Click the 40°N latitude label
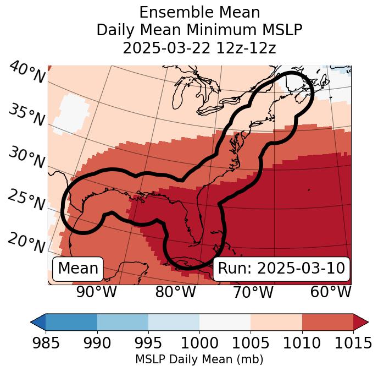[26, 73]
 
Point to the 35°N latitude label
[26, 115]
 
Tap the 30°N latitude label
[26, 159]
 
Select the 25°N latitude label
[26, 200]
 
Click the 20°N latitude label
[26, 243]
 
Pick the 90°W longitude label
[96, 292]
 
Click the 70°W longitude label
[253, 292]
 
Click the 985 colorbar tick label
[46, 343]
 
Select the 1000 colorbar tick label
[199, 343]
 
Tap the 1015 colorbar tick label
[353, 343]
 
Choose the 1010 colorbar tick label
[302, 343]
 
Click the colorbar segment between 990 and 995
[123, 321]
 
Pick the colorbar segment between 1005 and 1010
[276, 321]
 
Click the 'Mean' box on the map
[78, 269]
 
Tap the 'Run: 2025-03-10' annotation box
[281, 269]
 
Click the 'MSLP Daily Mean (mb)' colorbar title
[199, 359]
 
